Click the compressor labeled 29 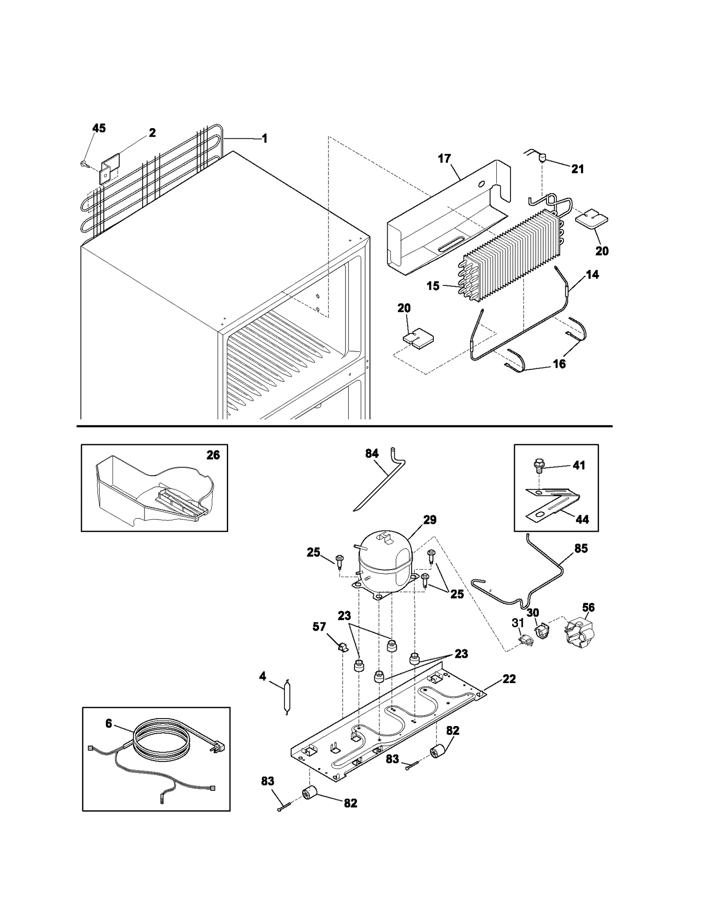pos(385,562)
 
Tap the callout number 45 pos(99,128)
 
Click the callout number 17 pos(444,158)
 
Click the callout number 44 pos(582,519)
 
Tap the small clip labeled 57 pos(342,648)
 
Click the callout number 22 pos(509,679)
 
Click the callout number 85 pos(581,548)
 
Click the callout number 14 pos(592,274)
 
